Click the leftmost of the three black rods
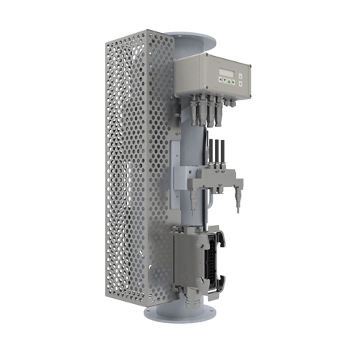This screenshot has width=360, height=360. click(x=208, y=153)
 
